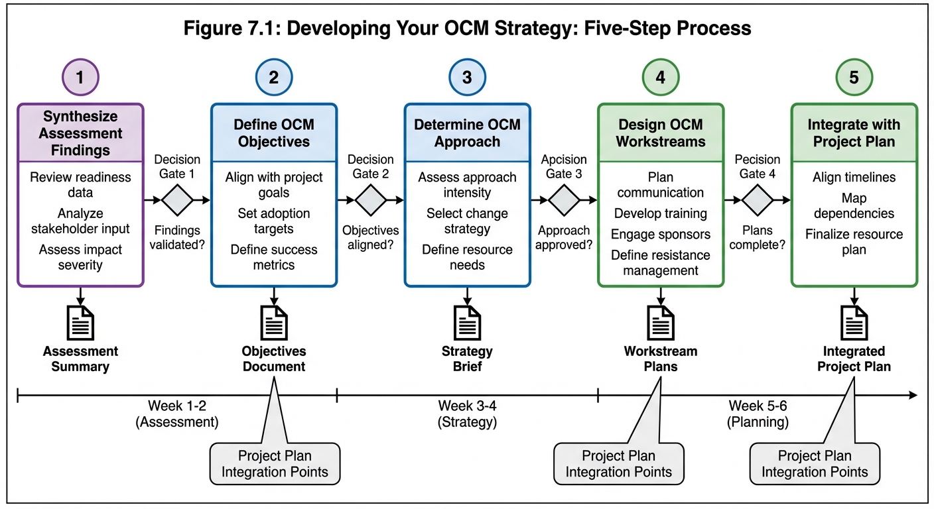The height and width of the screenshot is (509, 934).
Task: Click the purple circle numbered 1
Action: click(80, 78)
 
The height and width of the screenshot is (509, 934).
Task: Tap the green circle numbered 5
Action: click(854, 78)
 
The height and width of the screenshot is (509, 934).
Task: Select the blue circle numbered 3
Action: click(467, 78)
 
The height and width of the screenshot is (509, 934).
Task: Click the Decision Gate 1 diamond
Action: click(177, 199)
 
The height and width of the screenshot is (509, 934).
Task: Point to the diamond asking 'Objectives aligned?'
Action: click(371, 199)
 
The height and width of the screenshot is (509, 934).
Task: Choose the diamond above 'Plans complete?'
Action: click(758, 199)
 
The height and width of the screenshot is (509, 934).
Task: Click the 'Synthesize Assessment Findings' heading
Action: click(80, 133)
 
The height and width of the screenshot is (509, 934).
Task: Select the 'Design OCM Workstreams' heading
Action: click(660, 133)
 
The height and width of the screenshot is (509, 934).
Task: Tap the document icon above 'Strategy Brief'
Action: click(467, 323)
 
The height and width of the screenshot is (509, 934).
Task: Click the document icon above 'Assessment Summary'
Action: click(80, 323)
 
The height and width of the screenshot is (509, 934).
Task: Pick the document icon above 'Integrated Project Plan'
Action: click(854, 323)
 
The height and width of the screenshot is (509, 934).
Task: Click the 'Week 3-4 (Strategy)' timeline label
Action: click(467, 414)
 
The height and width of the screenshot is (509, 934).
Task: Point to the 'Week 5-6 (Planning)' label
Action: click(758, 414)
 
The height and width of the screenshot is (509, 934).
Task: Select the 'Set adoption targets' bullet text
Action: click(274, 221)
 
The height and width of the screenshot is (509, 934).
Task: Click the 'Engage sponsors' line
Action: click(660, 234)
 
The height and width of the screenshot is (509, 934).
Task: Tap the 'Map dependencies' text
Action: click(854, 205)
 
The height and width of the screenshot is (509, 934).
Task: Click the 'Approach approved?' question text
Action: click(565, 237)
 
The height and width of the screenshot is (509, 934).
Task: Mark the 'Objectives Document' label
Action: click(274, 359)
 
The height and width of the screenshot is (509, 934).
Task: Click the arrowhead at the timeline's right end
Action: click(913, 396)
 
